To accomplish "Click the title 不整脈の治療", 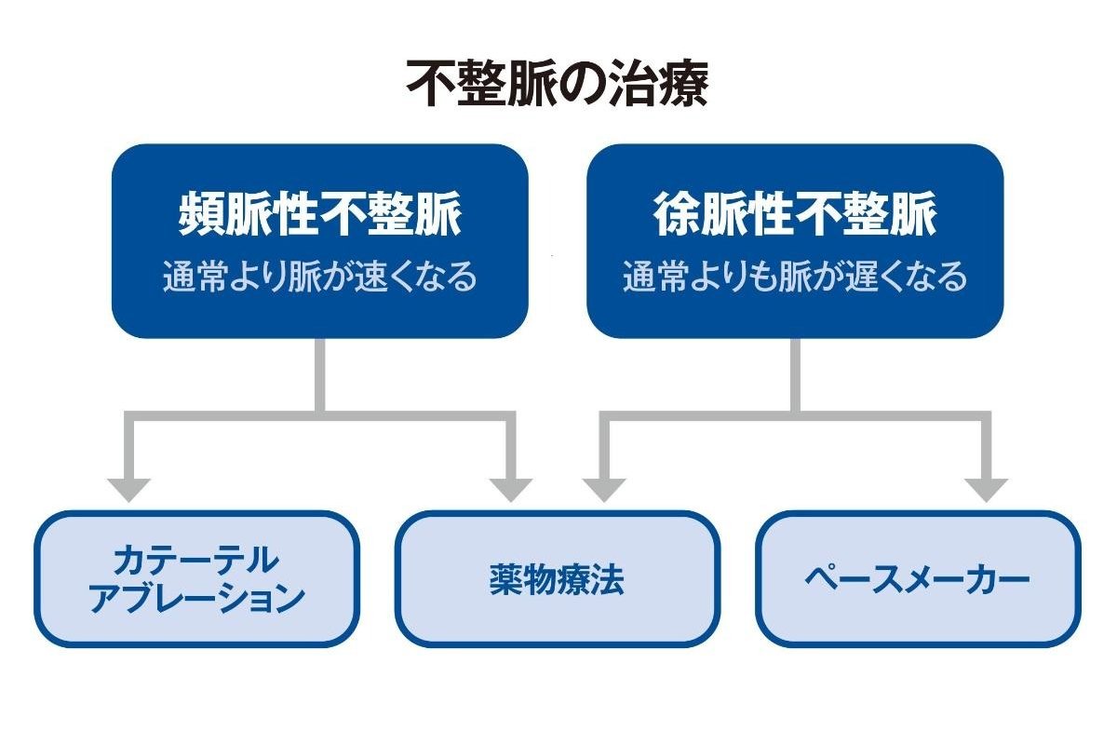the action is tap(558, 83).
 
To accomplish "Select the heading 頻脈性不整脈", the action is tap(319, 213).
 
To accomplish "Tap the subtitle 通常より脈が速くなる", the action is tap(319, 276).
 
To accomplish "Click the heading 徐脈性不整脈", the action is tap(795, 213).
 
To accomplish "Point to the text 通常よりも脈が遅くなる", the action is tap(795, 276).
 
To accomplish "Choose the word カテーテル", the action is tap(196, 560).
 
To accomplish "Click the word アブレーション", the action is tap(196, 598).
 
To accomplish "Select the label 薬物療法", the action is tap(557, 580).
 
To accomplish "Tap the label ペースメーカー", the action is tap(918, 580).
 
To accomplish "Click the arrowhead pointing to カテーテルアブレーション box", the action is tap(128, 490).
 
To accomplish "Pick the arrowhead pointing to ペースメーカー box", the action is tap(987, 490).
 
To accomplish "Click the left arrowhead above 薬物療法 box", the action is tap(511, 490).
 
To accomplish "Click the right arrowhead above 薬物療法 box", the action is tap(604, 490).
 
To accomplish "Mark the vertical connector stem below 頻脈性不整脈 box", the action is tap(320, 375).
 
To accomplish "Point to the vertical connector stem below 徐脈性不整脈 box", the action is tap(795, 375).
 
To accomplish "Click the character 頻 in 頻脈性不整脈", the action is tap(201, 213).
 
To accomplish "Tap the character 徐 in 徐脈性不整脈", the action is tap(676, 213).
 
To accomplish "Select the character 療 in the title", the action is tap(683, 83).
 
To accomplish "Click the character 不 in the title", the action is tap(431, 83).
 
